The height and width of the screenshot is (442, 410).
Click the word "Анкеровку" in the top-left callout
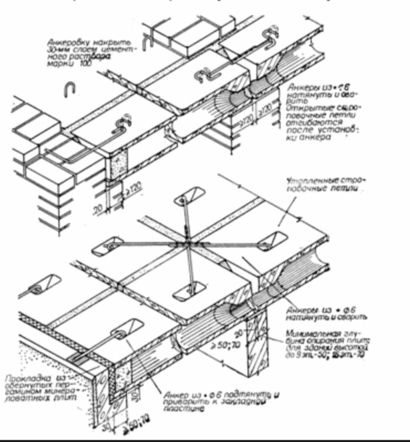pyautogui.click(x=69, y=41)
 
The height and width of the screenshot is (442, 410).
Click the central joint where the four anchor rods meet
pyautogui.click(x=187, y=243)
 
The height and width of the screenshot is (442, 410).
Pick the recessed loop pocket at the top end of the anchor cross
pyautogui.click(x=189, y=196)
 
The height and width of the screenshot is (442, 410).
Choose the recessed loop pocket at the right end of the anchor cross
pyautogui.click(x=272, y=240)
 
